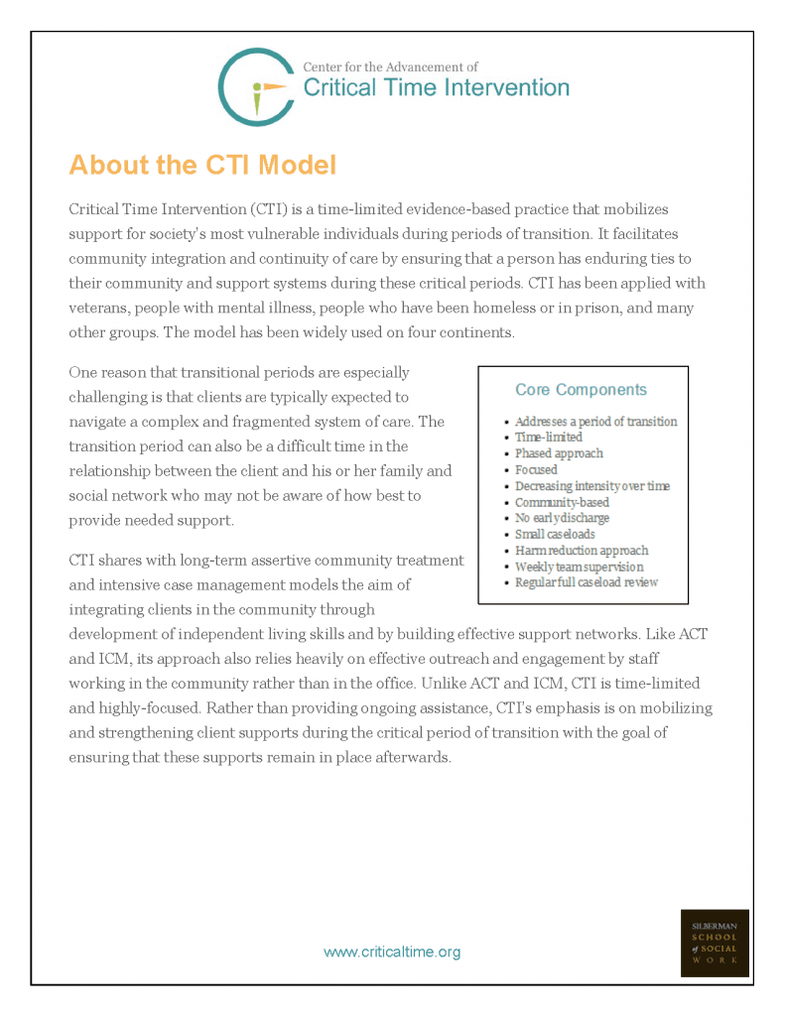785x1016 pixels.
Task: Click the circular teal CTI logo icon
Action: (255, 87)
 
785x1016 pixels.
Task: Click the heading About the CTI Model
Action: (202, 164)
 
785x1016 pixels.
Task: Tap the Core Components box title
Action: (581, 390)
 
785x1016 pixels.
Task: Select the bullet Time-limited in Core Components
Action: (548, 438)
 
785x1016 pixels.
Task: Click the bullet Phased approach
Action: (558, 453)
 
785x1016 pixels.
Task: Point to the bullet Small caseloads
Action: (555, 534)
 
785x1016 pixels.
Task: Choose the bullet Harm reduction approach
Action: (581, 551)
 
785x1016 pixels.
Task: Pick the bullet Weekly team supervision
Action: (579, 567)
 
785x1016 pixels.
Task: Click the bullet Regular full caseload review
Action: (586, 582)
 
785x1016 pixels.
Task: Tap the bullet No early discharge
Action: (562, 518)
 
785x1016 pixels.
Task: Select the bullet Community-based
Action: (562, 502)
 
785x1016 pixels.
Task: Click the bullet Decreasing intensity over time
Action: (591, 486)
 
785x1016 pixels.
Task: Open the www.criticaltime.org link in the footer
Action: (392, 952)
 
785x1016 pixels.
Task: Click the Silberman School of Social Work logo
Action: (715, 943)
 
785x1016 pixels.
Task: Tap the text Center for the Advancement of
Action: (390, 67)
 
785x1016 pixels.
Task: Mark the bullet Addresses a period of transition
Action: (595, 422)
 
